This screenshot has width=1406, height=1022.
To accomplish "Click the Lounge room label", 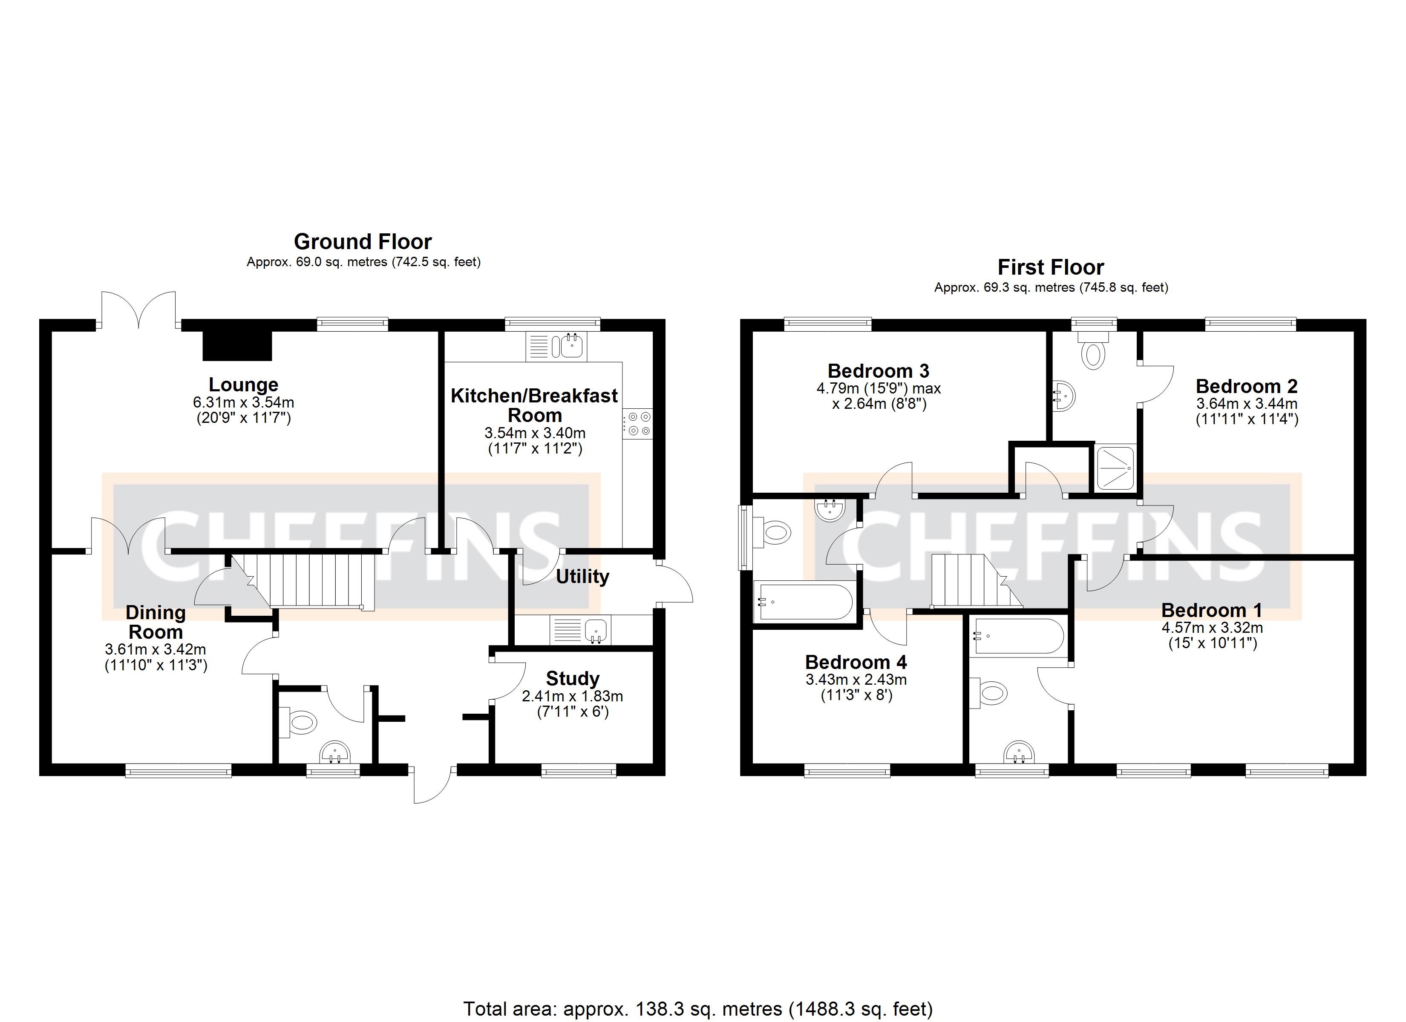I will click(x=243, y=385).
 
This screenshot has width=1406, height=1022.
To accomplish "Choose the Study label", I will click(x=572, y=678).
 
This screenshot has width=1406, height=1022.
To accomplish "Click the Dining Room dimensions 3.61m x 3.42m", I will click(x=156, y=649).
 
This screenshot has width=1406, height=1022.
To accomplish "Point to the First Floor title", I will click(x=1050, y=267).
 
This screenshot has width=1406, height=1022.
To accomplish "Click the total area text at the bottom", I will click(x=697, y=1008).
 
